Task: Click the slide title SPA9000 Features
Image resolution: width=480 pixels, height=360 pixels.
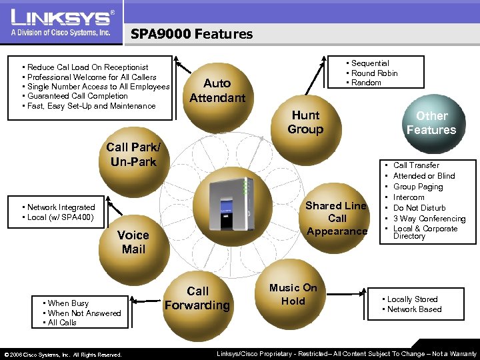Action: (191, 34)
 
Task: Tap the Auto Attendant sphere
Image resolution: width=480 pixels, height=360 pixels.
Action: (217, 91)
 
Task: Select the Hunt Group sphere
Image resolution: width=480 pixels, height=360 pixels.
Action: (305, 123)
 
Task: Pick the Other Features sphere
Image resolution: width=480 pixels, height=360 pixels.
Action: (431, 123)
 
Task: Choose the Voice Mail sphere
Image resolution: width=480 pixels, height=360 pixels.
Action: (133, 242)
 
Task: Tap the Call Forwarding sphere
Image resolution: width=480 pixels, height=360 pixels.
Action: (197, 299)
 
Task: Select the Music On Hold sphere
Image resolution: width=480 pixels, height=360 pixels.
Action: (293, 295)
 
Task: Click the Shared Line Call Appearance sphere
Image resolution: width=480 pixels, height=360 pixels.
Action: (337, 219)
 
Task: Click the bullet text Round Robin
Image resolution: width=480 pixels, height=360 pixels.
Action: (374, 73)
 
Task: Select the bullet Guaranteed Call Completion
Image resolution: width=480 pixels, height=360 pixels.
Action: (77, 96)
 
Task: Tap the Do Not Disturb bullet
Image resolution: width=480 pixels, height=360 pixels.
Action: (419, 208)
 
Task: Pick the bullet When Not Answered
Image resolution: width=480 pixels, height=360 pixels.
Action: (84, 313)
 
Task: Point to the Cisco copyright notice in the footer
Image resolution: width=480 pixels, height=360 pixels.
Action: (63, 355)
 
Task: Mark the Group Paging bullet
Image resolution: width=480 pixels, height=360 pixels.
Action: (418, 187)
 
